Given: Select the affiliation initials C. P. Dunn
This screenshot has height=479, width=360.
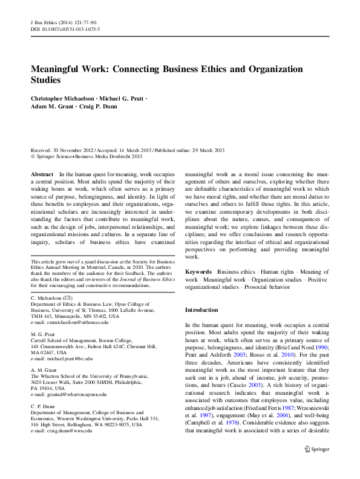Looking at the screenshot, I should coord(44,406).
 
